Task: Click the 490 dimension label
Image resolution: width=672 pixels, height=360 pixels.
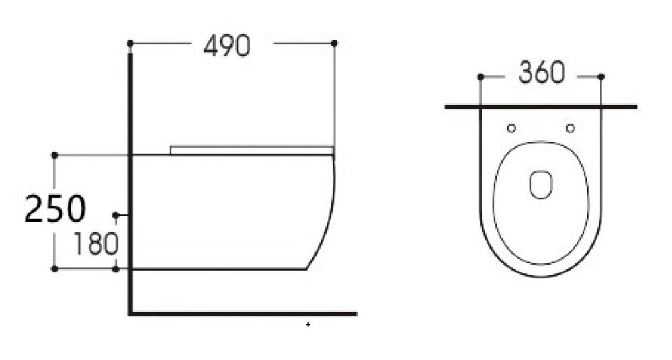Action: pos(226,46)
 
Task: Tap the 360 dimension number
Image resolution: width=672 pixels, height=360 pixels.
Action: pos(542,73)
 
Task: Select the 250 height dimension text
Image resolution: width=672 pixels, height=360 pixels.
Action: pos(55,209)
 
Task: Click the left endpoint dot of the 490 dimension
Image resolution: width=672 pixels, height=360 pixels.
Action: pos(130,43)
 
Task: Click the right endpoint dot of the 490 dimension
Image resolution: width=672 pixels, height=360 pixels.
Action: pos(334,43)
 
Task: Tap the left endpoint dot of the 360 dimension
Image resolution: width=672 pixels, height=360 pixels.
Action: pos(480,77)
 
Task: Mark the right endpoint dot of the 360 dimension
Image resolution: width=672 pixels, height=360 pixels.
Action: pos(601,77)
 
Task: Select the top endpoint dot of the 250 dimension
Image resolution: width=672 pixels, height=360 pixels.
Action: pos(54,154)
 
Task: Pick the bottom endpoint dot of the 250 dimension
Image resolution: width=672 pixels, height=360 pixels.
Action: pos(54,269)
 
